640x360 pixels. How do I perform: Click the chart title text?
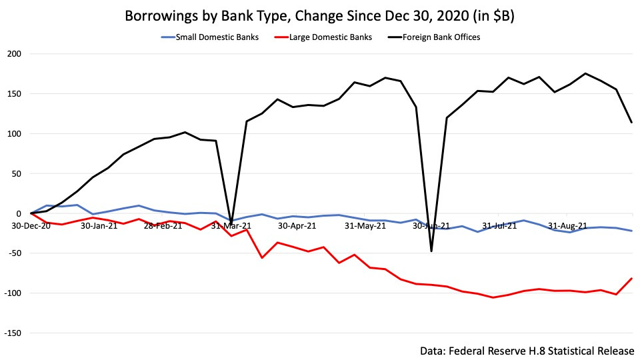tap(320, 16)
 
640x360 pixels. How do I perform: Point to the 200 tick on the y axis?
tap(15, 54)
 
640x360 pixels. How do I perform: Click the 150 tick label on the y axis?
tap(15, 94)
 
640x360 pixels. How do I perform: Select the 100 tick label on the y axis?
tap(15, 134)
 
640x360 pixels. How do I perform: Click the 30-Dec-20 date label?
tap(31, 225)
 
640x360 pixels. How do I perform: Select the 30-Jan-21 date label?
tap(99, 225)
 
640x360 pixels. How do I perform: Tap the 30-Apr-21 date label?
tap(297, 225)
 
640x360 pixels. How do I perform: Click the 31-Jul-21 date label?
tap(499, 225)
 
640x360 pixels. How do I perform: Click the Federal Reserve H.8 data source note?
tap(527, 351)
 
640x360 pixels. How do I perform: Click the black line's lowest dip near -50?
tap(431, 251)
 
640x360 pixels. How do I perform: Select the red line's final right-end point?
tap(631, 279)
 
